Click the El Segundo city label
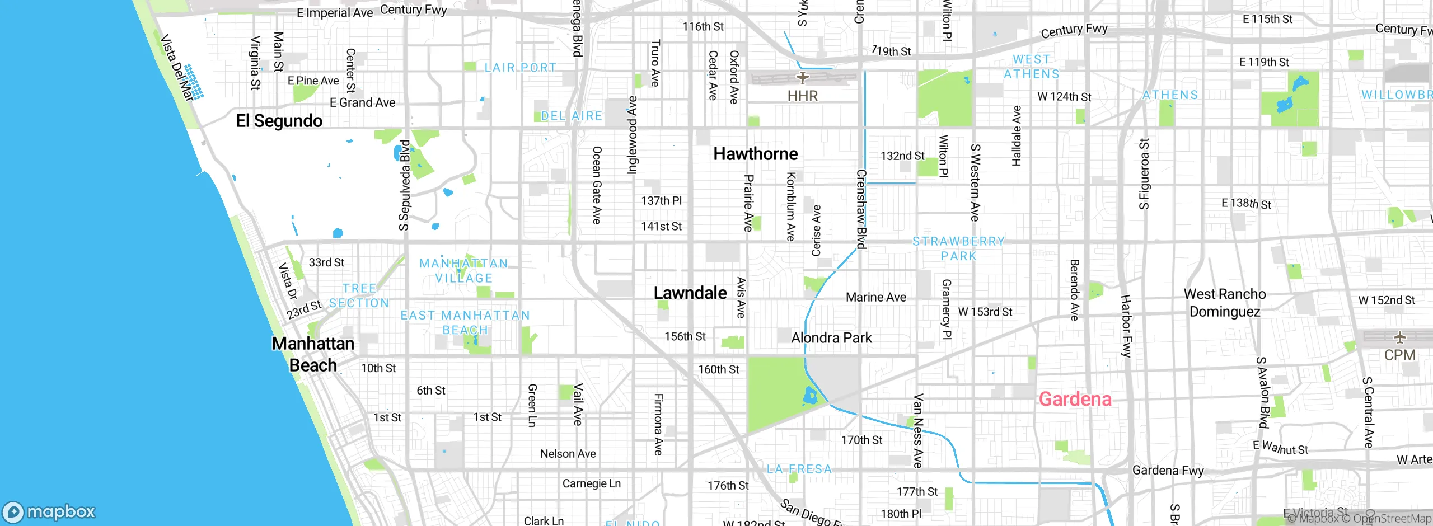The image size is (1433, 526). tap(279, 121)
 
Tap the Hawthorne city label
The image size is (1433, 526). tap(755, 154)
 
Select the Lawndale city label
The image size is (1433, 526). tap(690, 293)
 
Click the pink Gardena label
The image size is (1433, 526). tap(1075, 399)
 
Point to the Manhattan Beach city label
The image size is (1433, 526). tap(313, 354)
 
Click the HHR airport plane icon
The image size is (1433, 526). tap(803, 78)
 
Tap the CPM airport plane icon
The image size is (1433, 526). tap(1399, 337)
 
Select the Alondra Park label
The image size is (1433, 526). tap(831, 337)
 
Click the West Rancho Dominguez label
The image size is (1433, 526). tap(1225, 303)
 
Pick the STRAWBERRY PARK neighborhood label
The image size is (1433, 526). tap(958, 248)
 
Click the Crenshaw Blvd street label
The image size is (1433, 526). tap(861, 209)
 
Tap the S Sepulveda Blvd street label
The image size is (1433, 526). tap(404, 185)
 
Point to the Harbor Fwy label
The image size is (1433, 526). tap(1126, 326)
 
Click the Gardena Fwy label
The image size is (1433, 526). tap(1168, 470)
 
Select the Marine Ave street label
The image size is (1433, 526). tap(875, 297)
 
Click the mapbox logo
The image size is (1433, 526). tap(49, 512)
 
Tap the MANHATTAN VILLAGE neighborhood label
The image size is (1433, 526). tap(463, 270)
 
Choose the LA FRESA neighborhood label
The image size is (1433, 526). tap(799, 469)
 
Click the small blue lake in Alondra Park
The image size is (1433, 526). tap(810, 397)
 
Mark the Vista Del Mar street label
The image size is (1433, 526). tap(176, 68)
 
